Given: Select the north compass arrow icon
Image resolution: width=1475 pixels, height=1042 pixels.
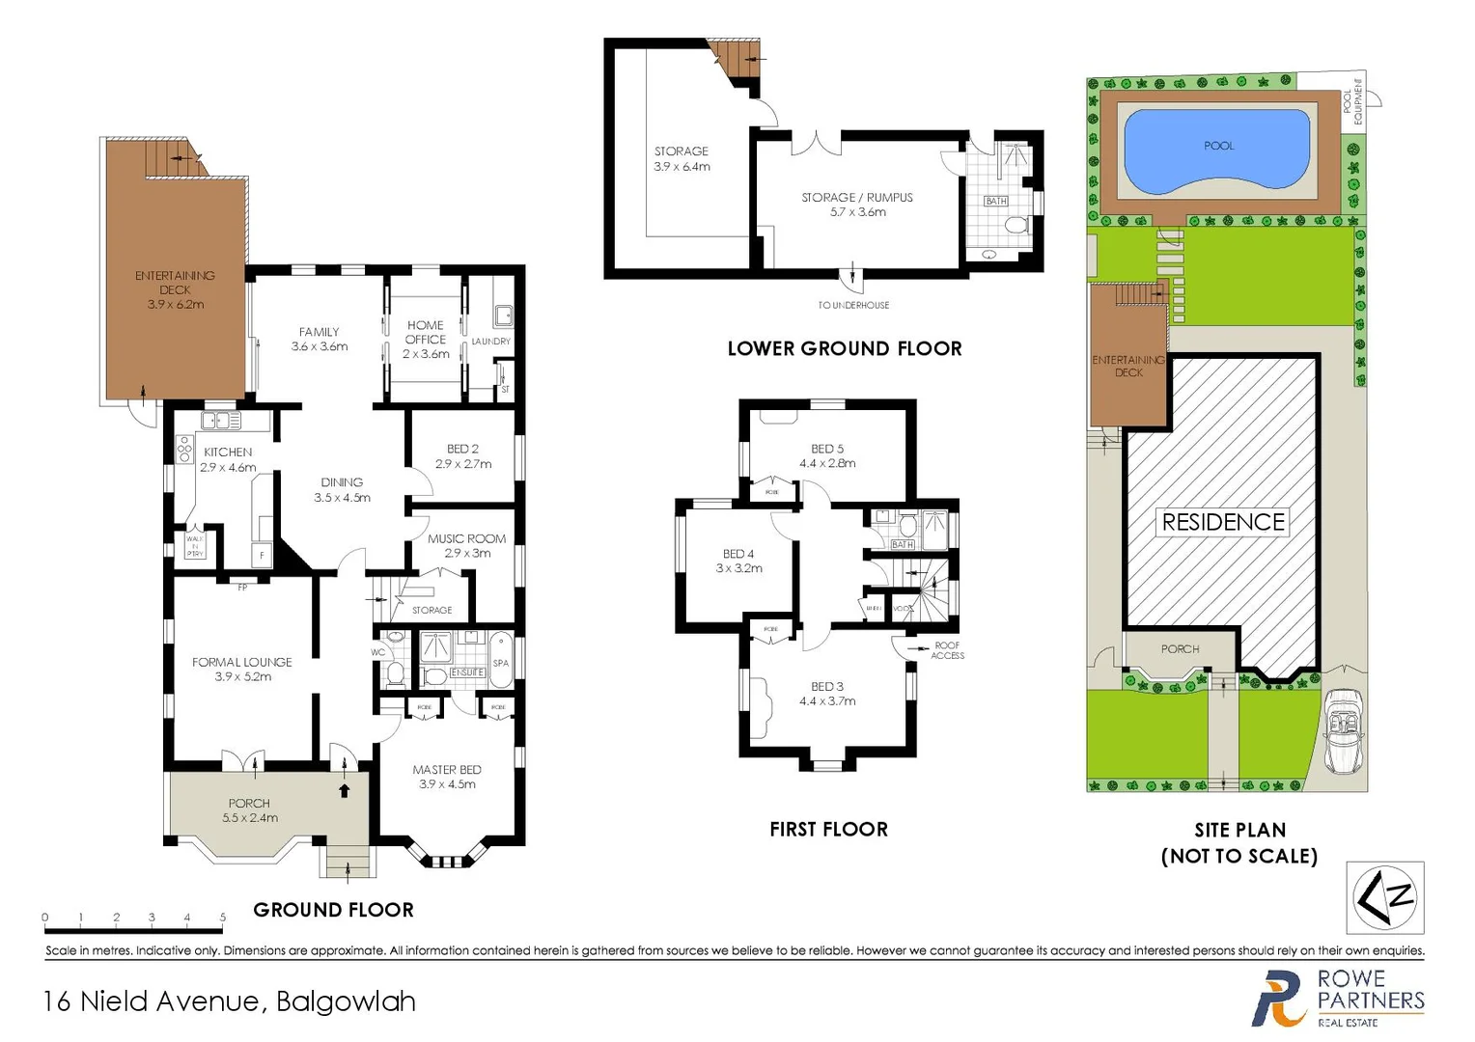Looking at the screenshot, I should [1384, 897].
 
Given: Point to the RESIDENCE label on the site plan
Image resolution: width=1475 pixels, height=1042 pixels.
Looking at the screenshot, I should [1222, 522].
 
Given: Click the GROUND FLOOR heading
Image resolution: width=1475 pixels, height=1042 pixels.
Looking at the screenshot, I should [333, 910].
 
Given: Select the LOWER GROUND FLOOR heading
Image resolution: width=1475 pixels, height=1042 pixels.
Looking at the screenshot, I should [845, 348].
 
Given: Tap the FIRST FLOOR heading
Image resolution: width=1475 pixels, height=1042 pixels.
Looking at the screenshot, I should [828, 829].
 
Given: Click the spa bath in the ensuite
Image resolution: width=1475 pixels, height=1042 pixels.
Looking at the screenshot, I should [500, 660].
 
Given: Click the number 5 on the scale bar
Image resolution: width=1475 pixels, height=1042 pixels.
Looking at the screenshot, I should [222, 918].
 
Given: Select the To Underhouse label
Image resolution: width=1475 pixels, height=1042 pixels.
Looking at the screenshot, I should [853, 305].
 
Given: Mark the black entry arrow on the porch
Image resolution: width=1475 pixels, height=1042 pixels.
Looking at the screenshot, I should [345, 791].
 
